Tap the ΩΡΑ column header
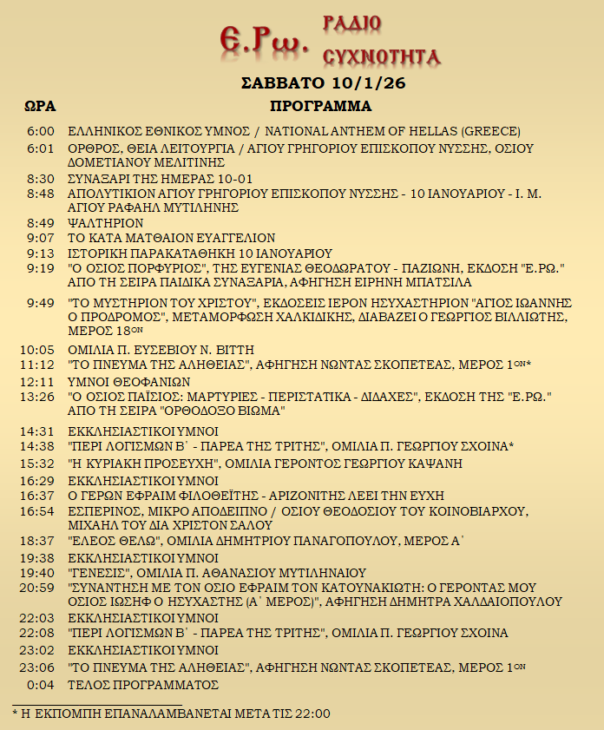coord(40,107)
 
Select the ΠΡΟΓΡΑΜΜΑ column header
coord(320,107)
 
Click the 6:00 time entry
coord(41,132)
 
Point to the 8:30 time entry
coord(41,178)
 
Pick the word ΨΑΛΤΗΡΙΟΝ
coord(105,223)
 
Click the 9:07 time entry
coord(41,238)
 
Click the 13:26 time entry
coord(40,397)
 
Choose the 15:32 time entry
coord(40,464)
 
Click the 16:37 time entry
coord(40,496)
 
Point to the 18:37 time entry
coord(40,541)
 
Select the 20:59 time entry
coord(40,588)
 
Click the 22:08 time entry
coord(40,634)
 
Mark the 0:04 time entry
coord(42,685)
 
